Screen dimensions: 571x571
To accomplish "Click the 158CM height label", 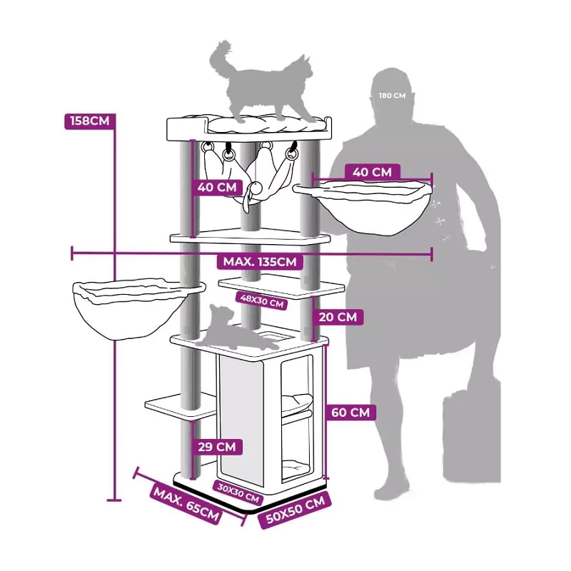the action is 90,121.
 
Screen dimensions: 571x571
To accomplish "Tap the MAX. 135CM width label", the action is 260,262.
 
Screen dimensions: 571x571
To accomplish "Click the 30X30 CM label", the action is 238,492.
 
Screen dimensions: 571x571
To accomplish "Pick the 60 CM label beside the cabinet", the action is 350,413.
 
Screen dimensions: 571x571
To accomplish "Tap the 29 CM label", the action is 217,447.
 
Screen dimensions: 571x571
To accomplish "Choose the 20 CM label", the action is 338,317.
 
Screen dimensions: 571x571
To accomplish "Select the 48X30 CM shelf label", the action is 261,300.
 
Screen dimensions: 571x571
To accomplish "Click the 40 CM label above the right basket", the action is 372,172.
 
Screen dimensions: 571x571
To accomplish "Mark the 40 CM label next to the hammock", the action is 217,187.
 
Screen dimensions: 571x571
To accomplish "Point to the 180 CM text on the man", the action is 392,96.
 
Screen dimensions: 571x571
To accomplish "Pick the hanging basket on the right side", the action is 362,206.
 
